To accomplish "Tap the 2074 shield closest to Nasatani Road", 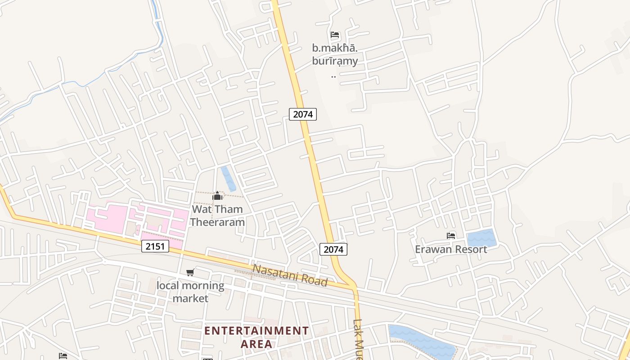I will pyautogui.click(x=333, y=249).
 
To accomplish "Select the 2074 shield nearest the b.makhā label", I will pyautogui.click(x=303, y=114).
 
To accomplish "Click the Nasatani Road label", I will pyautogui.click(x=290, y=275).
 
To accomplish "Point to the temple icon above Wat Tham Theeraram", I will pyautogui.click(x=217, y=196).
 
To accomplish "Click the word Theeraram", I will pyautogui.click(x=217, y=222).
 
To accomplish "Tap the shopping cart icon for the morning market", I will pyautogui.click(x=190, y=273).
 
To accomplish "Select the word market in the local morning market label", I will pyautogui.click(x=191, y=298).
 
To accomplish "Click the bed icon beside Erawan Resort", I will pyautogui.click(x=451, y=236).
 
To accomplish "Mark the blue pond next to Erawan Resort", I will pyautogui.click(x=481, y=238).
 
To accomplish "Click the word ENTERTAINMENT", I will pyautogui.click(x=256, y=331).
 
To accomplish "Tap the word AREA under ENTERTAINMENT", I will pyautogui.click(x=256, y=344).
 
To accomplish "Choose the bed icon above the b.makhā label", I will pyautogui.click(x=334, y=35).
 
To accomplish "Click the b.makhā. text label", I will pyautogui.click(x=335, y=48).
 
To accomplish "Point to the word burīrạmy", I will pyautogui.click(x=335, y=61).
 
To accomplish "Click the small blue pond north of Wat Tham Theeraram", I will pyautogui.click(x=228, y=178).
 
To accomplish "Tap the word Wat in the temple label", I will pyautogui.click(x=202, y=209).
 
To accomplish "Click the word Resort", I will pyautogui.click(x=470, y=249).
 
